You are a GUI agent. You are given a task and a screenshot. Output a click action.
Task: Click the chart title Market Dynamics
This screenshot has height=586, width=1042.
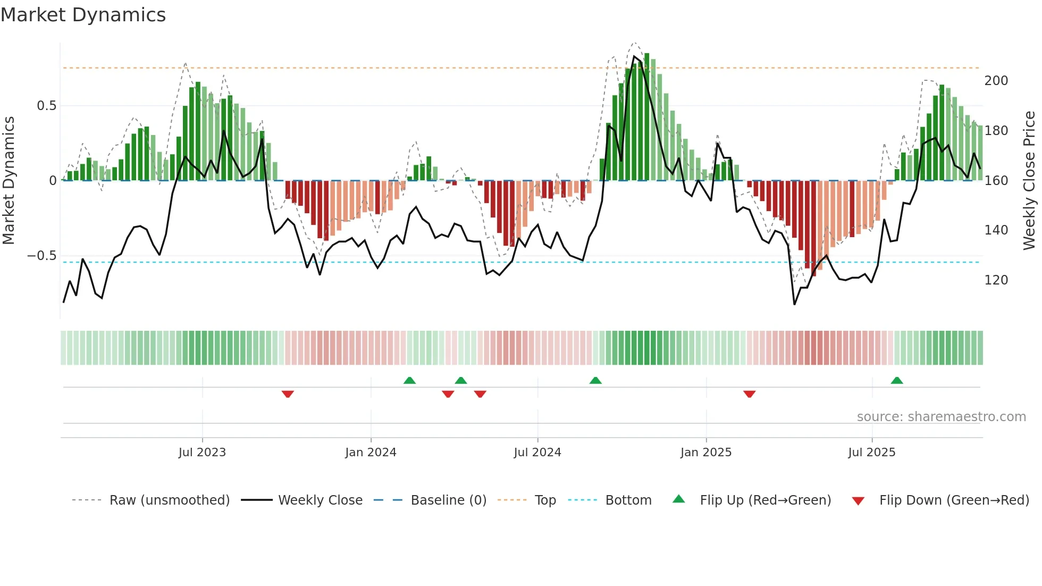point(83,15)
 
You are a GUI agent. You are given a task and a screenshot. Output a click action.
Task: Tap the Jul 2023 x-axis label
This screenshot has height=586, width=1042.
point(202,453)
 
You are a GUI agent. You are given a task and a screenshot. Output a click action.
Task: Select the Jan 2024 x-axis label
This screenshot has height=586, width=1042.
point(371,453)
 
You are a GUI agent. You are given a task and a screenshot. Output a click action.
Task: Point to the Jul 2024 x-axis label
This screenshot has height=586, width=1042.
point(537,453)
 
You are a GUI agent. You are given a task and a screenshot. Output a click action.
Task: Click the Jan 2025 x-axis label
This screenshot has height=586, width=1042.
point(706,453)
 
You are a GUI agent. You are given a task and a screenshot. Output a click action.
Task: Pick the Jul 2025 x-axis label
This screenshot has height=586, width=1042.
point(872,453)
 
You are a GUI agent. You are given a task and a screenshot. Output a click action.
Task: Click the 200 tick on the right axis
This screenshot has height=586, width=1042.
point(996,81)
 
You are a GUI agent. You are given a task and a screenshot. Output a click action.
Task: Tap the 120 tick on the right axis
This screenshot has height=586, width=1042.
point(996,280)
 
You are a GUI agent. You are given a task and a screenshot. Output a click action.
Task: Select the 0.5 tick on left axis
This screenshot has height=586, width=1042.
point(46,106)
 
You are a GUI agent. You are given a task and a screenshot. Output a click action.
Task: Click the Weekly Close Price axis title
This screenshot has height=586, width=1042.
point(1029,180)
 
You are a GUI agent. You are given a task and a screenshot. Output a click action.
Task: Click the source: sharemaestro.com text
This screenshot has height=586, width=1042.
point(941,417)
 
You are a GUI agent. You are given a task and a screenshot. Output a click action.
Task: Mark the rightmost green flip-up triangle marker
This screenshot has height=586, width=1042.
point(897,381)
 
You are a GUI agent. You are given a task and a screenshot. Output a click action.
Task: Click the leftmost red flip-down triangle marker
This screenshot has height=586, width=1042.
point(288,394)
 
